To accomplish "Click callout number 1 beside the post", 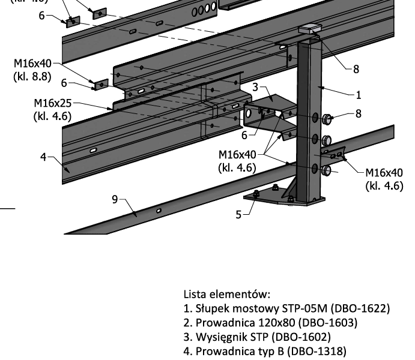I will [359, 95].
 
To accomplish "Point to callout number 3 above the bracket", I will [255, 88].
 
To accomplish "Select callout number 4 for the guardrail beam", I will [43, 157].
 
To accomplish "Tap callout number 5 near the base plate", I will [238, 214].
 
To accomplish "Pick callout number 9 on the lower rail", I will [115, 199].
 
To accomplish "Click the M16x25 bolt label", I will [53, 104].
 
